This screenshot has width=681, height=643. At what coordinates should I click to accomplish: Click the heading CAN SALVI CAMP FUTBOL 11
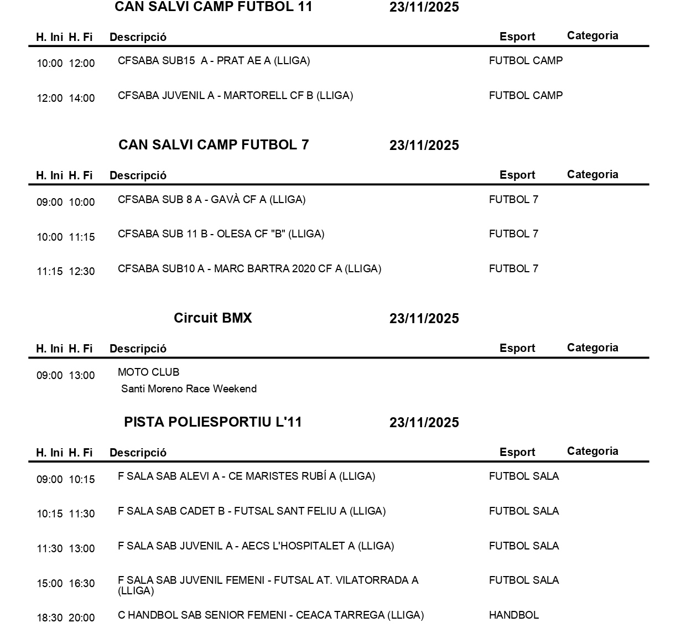tap(213, 7)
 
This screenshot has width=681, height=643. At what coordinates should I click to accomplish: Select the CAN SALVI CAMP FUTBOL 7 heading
tap(214, 145)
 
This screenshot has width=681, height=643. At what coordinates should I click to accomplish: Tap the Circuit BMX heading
tap(212, 318)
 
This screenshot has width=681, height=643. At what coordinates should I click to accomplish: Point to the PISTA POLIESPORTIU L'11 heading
tap(213, 422)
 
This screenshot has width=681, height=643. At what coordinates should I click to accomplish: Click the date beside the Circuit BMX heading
tap(424, 319)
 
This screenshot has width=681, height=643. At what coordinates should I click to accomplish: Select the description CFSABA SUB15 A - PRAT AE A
tap(214, 61)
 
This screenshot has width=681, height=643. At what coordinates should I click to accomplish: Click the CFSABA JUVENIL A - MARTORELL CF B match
tap(235, 96)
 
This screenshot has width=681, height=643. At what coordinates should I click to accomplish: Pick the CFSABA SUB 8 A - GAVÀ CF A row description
tap(211, 200)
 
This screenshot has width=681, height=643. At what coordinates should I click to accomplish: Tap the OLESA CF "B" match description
tap(221, 234)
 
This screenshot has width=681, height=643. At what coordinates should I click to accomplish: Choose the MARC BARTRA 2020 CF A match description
tap(249, 269)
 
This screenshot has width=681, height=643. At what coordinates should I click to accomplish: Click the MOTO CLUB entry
tap(148, 372)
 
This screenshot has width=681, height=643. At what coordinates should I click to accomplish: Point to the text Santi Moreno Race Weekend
tap(189, 389)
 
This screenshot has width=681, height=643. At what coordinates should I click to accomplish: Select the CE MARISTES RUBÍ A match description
tap(246, 476)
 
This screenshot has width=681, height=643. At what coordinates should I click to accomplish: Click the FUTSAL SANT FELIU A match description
tap(251, 511)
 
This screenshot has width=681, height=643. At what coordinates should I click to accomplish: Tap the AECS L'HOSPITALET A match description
tap(256, 546)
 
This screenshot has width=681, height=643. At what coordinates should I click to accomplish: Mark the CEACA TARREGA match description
tap(271, 615)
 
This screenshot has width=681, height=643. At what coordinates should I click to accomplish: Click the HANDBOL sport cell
tap(513, 615)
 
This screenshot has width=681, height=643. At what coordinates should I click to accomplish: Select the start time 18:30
tap(50, 618)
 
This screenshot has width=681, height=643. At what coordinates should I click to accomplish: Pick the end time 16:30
tap(82, 584)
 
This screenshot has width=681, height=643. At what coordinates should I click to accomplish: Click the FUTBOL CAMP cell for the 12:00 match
tap(526, 96)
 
